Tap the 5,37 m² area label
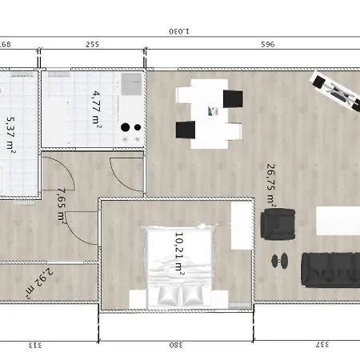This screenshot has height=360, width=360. pos(11,135)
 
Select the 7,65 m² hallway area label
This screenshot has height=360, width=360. pos(62,206)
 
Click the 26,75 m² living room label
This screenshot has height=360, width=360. pos(270,186)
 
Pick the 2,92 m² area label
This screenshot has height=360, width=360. pos(39,283)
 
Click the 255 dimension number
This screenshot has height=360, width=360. pos(92,44)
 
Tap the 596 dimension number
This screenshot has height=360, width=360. pos(268,44)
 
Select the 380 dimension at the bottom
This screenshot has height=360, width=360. pos(176,345)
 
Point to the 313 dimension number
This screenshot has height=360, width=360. pos(35,346)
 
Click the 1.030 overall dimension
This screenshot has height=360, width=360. pos(179,31)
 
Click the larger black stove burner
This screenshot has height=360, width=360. pos(125,127)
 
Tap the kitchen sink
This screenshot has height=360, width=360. pos(131,84)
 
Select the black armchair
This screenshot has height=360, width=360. pos(278,224)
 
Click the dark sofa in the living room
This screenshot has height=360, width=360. pos(330,270)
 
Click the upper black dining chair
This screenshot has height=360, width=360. pos(233,99)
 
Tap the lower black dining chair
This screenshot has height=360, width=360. pos(186,130)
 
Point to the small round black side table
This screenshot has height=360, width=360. pos(280,261)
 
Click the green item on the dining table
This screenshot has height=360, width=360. pos(213,111)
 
